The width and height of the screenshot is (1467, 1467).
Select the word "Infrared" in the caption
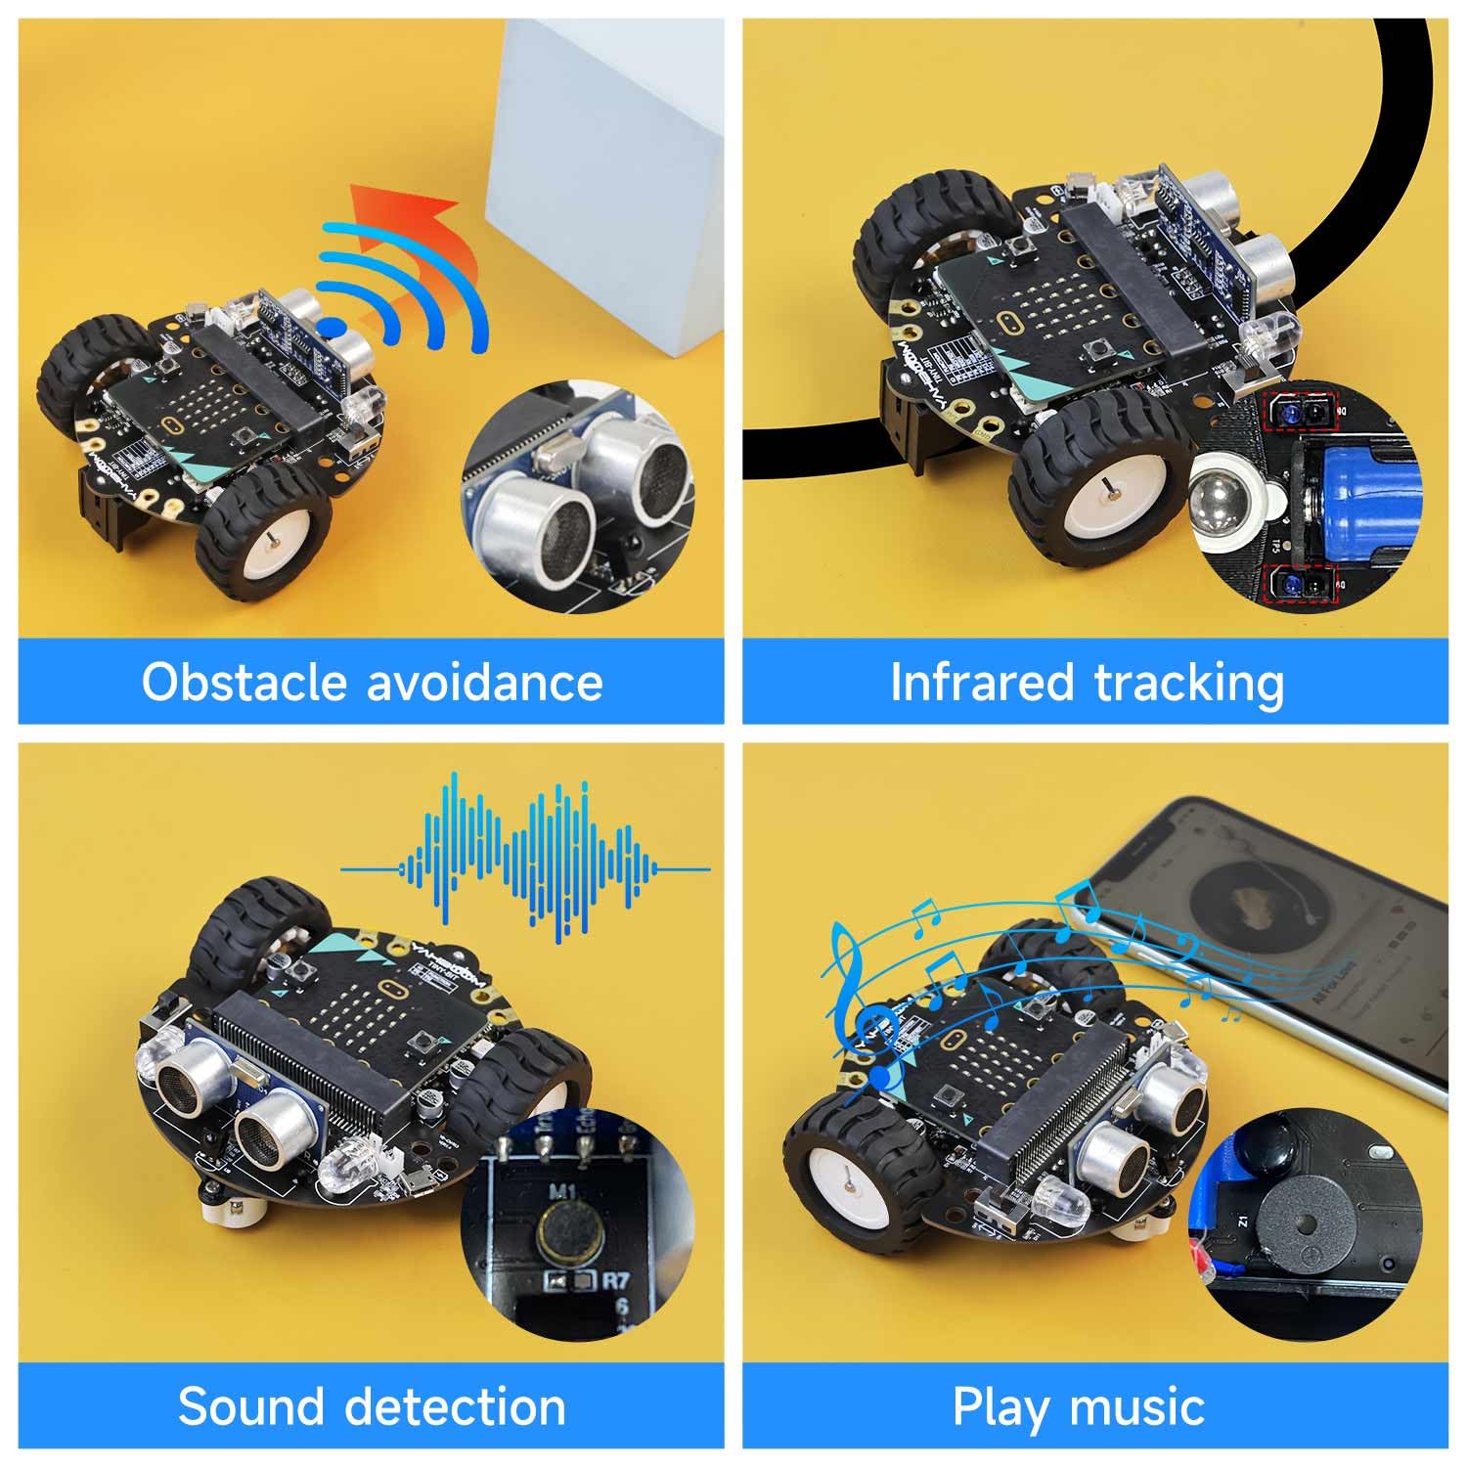[981, 682]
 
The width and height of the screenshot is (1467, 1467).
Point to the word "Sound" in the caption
[250, 1406]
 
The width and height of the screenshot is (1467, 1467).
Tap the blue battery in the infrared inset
[1359, 489]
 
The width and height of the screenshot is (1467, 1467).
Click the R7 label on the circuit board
[615, 1278]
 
